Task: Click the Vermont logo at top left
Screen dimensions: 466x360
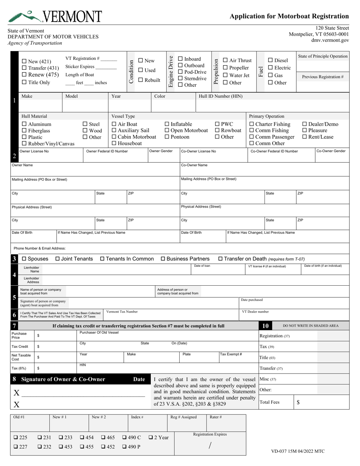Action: point(55,16)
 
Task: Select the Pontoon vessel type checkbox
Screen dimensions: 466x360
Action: point(167,137)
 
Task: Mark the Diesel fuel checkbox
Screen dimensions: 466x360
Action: point(271,61)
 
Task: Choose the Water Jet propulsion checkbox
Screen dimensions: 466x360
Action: point(225,75)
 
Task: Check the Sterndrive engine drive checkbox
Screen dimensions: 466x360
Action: point(180,79)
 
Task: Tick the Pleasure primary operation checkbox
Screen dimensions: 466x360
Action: point(305,131)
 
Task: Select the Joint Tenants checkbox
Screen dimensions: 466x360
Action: point(58,259)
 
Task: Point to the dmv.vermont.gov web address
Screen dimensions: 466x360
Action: point(330,40)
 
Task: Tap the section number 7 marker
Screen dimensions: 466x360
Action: point(14,326)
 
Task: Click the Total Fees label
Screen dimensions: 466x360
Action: point(269,402)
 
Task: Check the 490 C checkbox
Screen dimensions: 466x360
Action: point(125,438)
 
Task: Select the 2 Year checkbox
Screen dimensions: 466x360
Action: point(151,438)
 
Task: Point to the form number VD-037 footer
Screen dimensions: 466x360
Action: point(298,451)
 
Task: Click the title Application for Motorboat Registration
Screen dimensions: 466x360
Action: point(289,16)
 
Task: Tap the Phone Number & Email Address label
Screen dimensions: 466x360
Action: point(39,249)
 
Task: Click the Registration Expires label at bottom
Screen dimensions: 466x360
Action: point(210,435)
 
